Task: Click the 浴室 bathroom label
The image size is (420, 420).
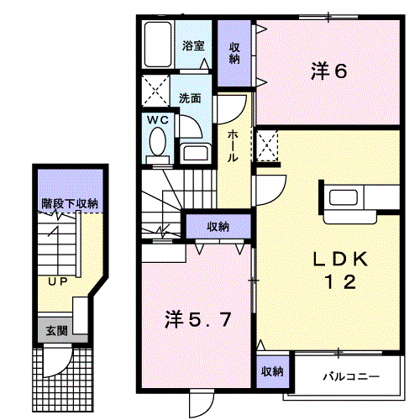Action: (194, 45)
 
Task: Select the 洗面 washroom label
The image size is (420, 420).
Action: (191, 97)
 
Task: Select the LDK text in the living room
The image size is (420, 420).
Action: (341, 259)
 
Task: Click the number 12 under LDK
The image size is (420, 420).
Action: (341, 282)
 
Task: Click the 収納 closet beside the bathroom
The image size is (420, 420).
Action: (235, 53)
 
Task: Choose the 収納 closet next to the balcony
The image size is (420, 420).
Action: (270, 371)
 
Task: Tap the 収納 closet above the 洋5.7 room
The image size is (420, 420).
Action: (218, 226)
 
